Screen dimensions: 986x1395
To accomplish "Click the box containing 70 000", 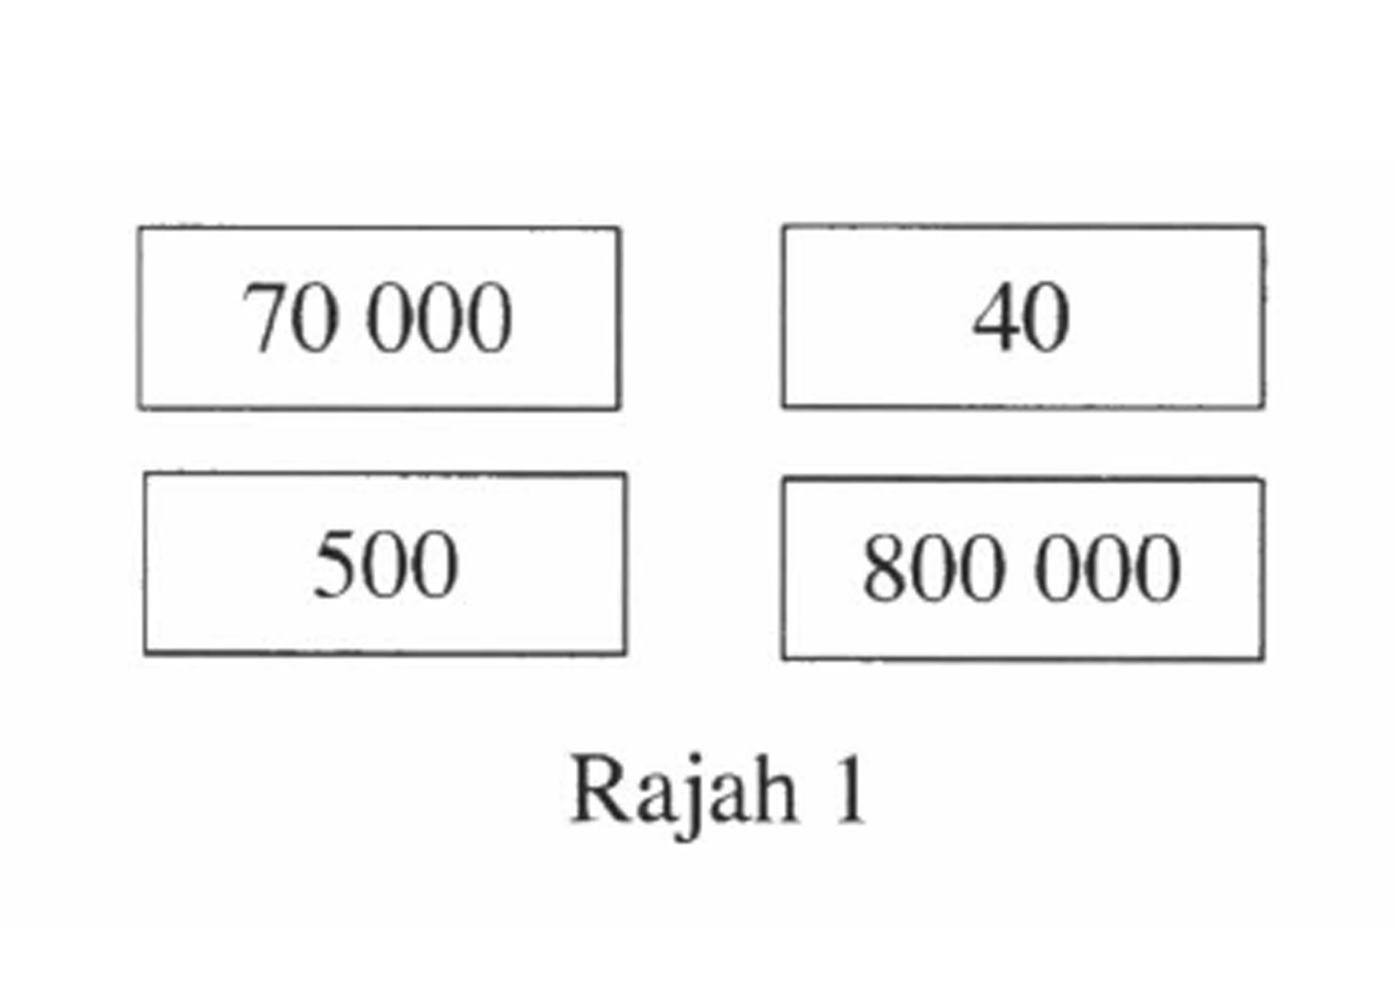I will [x=379, y=318].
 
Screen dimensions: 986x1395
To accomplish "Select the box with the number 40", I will [x=1024, y=316].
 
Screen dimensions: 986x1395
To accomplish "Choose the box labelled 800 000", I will [x=1024, y=568].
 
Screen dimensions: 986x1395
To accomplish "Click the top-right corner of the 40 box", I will [x=1264, y=227].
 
